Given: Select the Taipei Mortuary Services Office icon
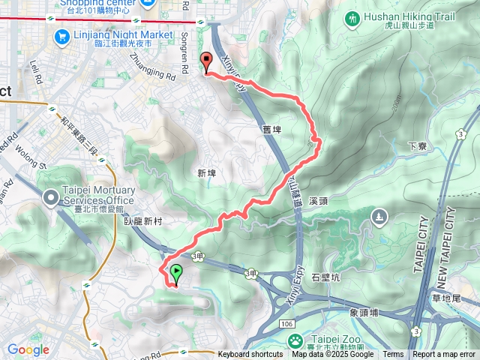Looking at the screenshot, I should point(50,198).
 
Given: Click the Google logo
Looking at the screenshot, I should point(28,350).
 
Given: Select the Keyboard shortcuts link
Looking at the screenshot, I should point(250,355).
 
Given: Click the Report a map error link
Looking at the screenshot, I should point(445,355).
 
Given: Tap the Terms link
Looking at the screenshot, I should point(393,355).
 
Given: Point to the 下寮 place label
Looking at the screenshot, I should point(418,146).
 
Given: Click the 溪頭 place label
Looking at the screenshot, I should point(339,201).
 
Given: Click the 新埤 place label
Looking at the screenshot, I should point(207,173).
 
